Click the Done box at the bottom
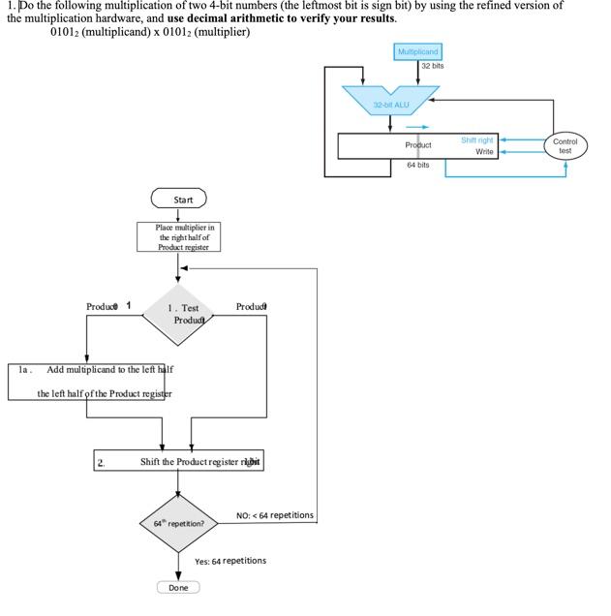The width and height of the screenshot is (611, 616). (178, 588)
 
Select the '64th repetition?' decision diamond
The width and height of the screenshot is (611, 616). (178, 523)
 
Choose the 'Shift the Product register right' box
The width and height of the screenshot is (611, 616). (179, 462)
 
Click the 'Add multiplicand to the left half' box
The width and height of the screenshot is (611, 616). (90, 381)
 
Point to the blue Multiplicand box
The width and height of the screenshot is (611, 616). (418, 51)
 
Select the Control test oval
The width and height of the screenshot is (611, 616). (565, 146)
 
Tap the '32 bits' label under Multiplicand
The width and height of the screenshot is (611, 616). (433, 66)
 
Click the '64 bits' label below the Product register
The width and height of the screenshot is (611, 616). (418, 166)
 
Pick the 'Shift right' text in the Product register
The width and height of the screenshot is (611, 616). (477, 140)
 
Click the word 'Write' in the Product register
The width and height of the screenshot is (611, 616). (484, 152)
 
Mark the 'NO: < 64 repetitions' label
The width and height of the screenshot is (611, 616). (275, 515)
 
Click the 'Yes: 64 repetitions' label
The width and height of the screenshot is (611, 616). (230, 561)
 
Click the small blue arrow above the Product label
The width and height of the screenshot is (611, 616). (417, 126)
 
